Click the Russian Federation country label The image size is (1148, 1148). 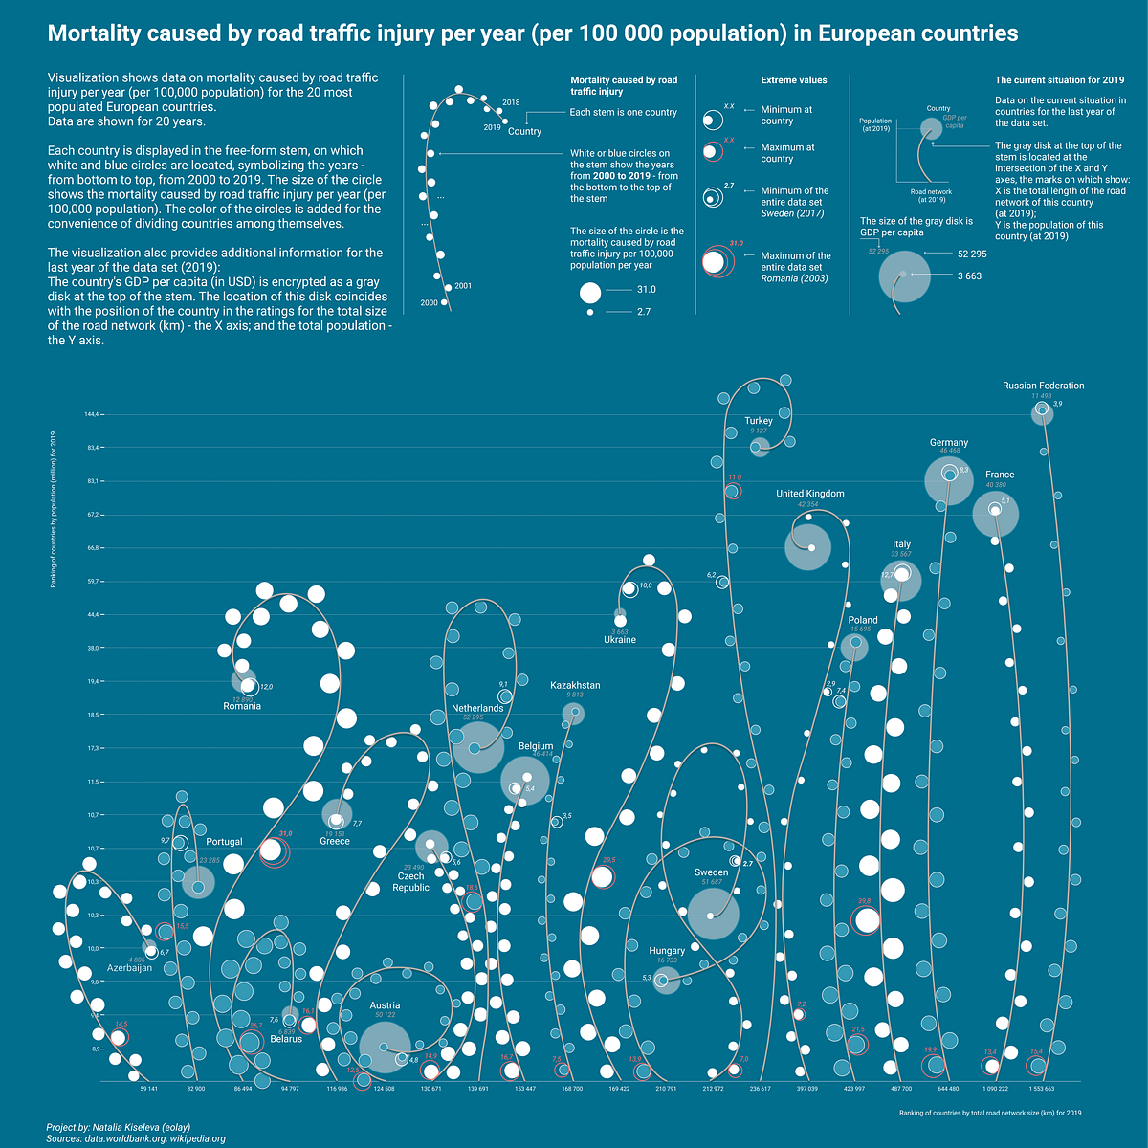point(1043,386)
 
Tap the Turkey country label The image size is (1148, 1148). point(759,421)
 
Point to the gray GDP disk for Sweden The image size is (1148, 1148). point(713,914)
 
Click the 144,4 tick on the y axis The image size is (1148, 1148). point(94,414)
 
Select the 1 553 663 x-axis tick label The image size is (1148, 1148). point(1042,1089)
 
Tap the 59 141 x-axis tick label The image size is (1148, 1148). point(148,1089)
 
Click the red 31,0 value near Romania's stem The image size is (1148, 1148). point(285,834)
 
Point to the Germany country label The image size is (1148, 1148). point(948,443)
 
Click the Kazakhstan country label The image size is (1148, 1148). point(575,686)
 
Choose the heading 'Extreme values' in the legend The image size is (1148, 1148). point(793,80)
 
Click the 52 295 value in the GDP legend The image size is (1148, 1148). point(971,254)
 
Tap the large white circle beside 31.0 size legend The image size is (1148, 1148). point(590,293)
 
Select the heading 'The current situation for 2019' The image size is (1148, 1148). point(1059,80)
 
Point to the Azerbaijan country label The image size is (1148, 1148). point(128,968)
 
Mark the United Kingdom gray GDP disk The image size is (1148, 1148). point(806,547)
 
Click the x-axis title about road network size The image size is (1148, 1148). point(989,1113)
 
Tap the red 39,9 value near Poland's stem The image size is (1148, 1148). point(864,901)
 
